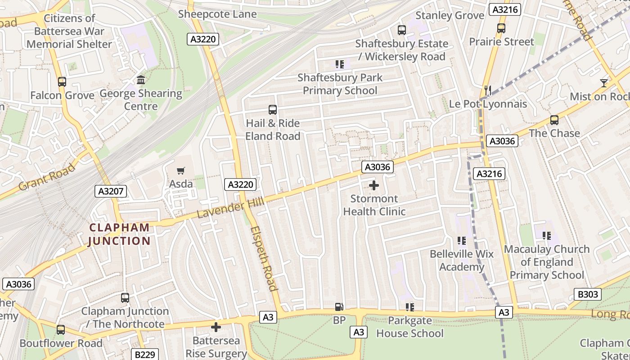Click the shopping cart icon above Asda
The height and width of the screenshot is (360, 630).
coord(180,171)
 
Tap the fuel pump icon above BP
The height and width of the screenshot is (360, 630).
coord(339,307)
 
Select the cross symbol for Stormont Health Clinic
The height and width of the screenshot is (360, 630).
coord(373,185)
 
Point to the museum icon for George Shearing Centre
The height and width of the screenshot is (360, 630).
coord(141,80)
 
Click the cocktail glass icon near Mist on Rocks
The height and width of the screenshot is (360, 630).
coord(603,83)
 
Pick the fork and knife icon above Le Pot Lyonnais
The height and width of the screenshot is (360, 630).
coord(487,90)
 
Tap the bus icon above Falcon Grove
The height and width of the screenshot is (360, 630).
coord(62,82)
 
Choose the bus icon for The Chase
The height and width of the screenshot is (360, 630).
coord(554,120)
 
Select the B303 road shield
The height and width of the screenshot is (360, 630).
coord(588,295)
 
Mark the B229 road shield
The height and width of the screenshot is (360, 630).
coord(145,355)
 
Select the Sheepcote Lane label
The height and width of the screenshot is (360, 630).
coord(217,14)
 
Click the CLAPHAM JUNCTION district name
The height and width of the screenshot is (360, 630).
coord(119,234)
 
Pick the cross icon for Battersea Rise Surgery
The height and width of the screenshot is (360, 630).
coord(216,327)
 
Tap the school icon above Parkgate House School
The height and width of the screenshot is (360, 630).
coord(409,307)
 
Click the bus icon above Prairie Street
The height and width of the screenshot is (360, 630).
coord(501,28)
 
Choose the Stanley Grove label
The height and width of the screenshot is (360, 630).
coord(450,15)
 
